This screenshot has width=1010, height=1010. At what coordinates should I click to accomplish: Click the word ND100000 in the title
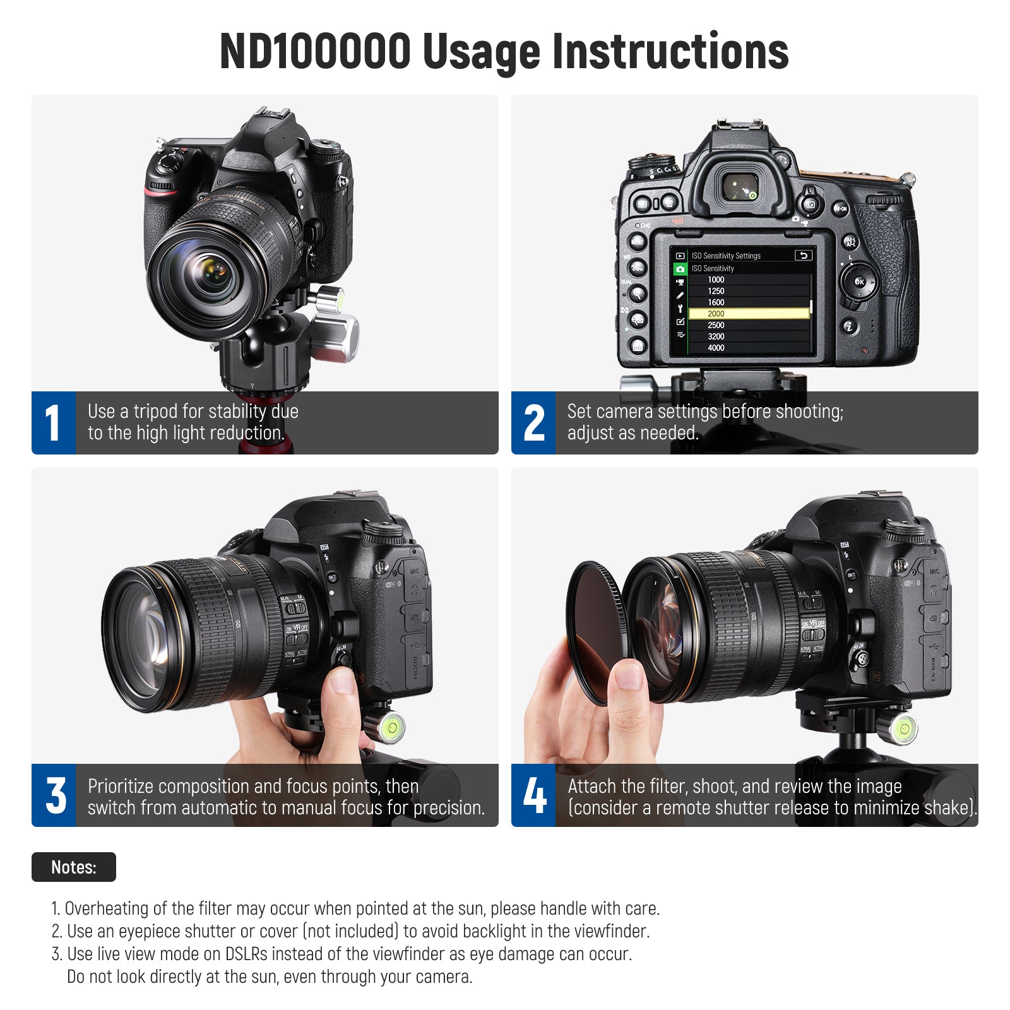coord(315,51)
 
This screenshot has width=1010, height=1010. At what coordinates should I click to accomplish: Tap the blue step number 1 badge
coord(54,423)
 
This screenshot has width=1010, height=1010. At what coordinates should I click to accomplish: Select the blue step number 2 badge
coord(533,423)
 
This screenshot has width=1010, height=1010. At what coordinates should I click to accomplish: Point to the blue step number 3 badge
coord(54,795)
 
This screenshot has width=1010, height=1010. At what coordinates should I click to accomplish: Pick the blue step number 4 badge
coord(533,795)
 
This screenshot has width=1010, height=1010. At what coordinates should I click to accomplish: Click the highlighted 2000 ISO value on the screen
coord(749,314)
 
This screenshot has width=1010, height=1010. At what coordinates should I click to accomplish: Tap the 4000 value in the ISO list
coord(716,348)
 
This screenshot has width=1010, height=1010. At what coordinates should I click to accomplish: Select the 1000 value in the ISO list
coord(716,280)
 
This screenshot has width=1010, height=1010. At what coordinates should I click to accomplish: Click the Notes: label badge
coord(74,867)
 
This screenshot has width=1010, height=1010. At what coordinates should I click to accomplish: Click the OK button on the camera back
coord(859,282)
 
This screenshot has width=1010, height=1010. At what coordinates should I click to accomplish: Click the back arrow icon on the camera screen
coord(803,256)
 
